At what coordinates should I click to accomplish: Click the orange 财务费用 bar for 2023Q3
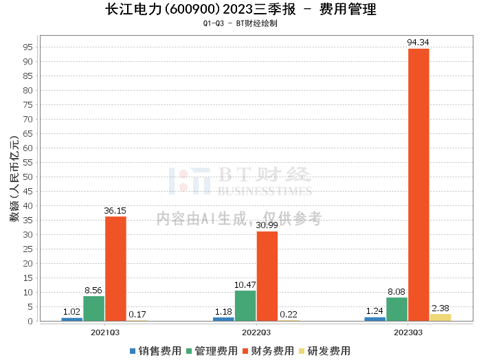418,185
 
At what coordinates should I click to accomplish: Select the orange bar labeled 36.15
115,269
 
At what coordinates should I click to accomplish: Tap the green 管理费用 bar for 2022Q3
245,306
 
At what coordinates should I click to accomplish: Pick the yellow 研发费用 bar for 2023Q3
440,317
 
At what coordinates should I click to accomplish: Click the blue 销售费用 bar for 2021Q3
71,319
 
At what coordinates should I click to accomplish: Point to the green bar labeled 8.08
397,309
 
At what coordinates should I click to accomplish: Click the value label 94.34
418,43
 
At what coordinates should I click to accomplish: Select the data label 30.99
267,225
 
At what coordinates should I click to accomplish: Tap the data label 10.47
245,285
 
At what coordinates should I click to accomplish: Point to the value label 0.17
137,314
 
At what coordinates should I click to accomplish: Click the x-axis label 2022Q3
256,333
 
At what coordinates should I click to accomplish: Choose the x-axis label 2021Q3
105,333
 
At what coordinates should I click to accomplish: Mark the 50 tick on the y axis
28,177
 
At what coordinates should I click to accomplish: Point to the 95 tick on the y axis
28,47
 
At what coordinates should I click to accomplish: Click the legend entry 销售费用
155,351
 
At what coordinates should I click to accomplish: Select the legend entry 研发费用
324,351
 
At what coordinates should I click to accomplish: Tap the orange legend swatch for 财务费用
245,351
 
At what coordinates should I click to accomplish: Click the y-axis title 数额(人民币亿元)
14,179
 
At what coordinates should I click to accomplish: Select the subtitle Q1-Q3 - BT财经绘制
240,23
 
